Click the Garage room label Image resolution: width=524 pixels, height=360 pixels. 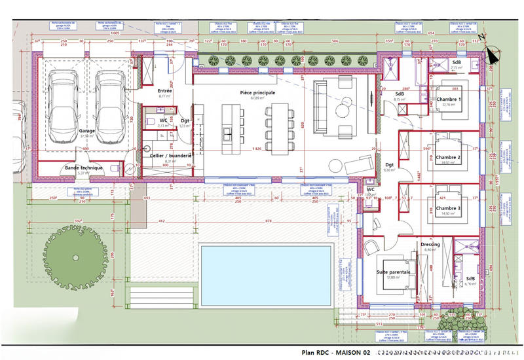click(x=87, y=130)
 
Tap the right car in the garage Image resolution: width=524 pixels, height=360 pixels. click(x=109, y=101)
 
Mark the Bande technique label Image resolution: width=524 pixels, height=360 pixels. click(x=83, y=168)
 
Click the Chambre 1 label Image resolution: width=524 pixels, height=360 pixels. click(x=449, y=99)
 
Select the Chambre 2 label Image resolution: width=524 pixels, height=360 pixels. click(x=449, y=158)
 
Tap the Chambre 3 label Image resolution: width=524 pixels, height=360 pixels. click(x=449, y=208)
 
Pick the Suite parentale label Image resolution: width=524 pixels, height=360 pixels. click(x=393, y=271)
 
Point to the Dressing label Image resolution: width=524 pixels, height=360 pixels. click(x=430, y=244)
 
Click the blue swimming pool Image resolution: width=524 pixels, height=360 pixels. click(x=265, y=268)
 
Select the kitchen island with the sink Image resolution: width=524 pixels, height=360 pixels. click(x=231, y=128)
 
